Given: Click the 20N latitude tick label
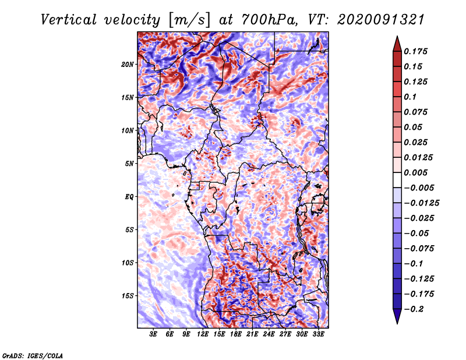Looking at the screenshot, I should pos(128,64).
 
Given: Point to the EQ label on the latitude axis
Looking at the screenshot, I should pos(129,196).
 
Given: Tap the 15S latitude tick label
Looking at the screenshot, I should pos(128,295).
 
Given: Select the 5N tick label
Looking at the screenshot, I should pos(129,163).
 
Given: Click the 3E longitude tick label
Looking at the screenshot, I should pos(153,334).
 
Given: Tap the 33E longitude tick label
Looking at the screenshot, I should pos(318,334).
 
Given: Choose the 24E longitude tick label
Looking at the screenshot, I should pos(269,334).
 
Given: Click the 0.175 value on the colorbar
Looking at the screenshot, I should pos(416,51).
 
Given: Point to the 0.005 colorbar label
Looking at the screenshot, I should pos(416,172).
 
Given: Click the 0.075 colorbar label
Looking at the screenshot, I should pos(416,112).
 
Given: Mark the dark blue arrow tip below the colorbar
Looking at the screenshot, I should pos(397,322).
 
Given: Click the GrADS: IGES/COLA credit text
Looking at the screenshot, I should pos(33,355).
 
